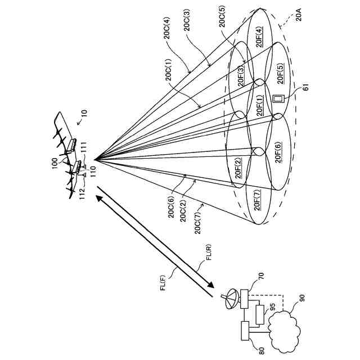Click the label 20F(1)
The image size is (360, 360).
point(260,105)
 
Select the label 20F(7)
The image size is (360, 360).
point(258,200)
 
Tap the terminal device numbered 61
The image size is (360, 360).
point(277,100)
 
